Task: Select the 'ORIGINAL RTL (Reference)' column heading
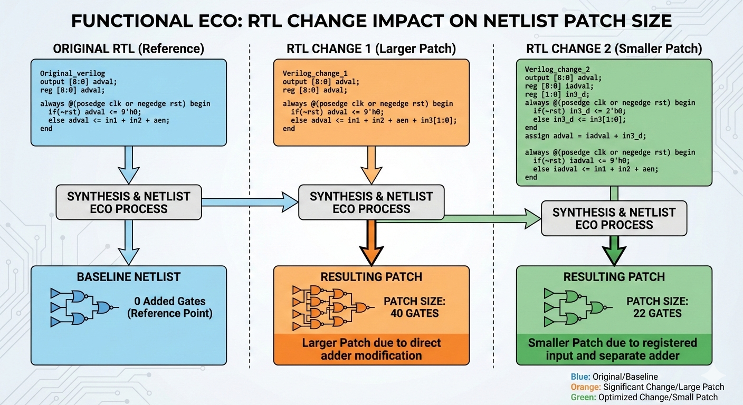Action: tap(128, 49)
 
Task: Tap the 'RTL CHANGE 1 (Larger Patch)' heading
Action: tap(371, 49)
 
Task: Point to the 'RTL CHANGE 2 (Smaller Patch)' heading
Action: tap(614, 49)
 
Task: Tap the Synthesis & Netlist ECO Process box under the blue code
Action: tap(128, 202)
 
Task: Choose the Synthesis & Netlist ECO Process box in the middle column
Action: tap(371, 202)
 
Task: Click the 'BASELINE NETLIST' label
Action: tap(128, 276)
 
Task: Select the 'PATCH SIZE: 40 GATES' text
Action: tap(415, 307)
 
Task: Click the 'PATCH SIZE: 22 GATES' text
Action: tap(658, 307)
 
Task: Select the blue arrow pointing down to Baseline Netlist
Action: tap(128, 243)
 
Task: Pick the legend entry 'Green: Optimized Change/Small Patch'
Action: tap(644, 397)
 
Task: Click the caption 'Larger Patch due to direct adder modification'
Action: tap(371, 349)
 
